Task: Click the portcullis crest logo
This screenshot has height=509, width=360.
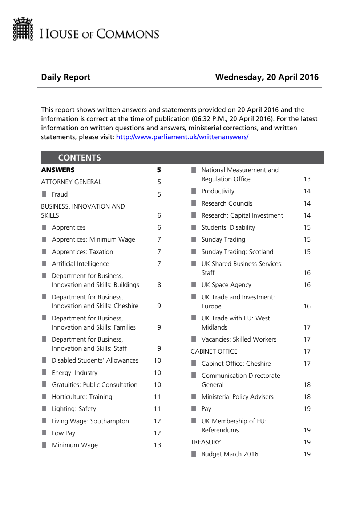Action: tap(23, 29)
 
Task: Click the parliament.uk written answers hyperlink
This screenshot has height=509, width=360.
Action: tap(182, 137)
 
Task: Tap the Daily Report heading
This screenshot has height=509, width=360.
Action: tap(66, 77)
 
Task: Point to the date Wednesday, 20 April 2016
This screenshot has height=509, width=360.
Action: tap(267, 77)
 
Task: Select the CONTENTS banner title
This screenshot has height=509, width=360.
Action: tap(80, 158)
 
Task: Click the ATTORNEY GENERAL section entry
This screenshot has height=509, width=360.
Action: tap(71, 182)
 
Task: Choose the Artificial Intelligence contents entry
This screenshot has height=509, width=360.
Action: tap(80, 264)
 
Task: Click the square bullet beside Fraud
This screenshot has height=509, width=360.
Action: tap(44, 194)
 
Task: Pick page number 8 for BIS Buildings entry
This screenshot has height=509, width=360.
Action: tap(159, 285)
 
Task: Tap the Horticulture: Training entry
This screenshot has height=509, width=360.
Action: tap(82, 397)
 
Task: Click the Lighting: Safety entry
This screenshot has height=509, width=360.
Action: tap(74, 409)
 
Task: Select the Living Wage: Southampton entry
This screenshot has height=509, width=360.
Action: tap(90, 421)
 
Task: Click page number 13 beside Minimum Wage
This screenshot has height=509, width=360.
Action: tap(157, 445)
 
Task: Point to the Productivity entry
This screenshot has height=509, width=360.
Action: tap(218, 191)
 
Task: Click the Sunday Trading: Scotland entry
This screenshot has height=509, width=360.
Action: tap(237, 252)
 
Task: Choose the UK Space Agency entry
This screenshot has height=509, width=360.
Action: tap(226, 285)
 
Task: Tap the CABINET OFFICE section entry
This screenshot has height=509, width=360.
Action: tap(214, 351)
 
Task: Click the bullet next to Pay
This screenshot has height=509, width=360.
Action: tap(194, 408)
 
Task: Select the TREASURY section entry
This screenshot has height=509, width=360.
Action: tap(206, 442)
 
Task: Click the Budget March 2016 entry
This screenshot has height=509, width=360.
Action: tap(230, 454)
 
